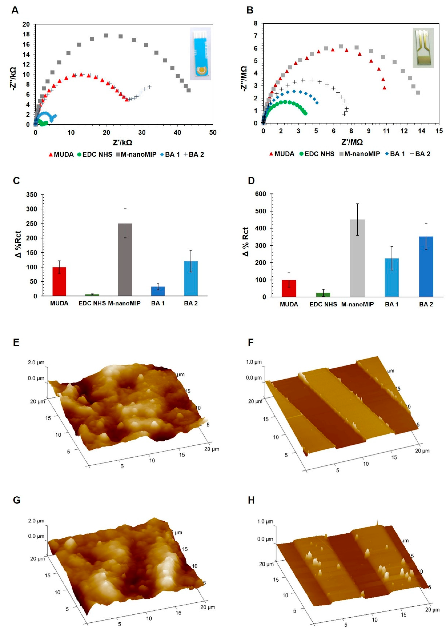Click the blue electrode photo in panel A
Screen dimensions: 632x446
pos(200,54)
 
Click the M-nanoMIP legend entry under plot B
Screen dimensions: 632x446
pos(359,154)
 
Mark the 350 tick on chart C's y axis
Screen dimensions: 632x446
pos(31,195)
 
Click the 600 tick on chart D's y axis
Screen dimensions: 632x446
pos(260,194)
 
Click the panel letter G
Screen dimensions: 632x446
pos(17,500)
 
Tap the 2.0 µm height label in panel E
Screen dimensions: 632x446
pos(36,363)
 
